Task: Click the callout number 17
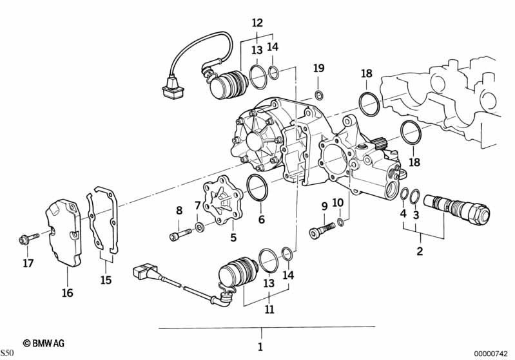27,263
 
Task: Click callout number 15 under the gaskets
106,280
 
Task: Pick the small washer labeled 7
201,227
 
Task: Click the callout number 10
338,204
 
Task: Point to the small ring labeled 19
318,96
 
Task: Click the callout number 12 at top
257,23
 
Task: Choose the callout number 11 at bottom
269,309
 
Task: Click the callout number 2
420,251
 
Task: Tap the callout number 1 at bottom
260,348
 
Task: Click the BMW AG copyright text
44,344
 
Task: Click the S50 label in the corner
7,354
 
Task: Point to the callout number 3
416,214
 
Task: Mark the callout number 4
403,214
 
